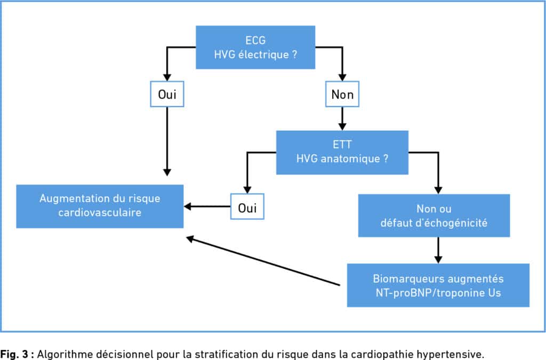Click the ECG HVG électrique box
(x=255, y=47)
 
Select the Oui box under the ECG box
(x=167, y=94)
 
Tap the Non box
(x=342, y=94)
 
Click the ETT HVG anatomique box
(x=342, y=152)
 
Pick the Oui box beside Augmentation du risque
(x=247, y=206)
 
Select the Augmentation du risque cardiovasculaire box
(x=100, y=206)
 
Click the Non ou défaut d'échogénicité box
(x=434, y=215)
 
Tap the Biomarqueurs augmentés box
(x=438, y=285)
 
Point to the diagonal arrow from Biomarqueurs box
(x=263, y=261)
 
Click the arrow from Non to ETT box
(x=342, y=119)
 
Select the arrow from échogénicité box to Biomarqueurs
(x=438, y=250)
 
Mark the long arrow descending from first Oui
(x=167, y=141)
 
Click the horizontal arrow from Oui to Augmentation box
(x=207, y=206)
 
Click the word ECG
(x=255, y=41)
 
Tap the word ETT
(x=342, y=145)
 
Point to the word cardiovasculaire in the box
(x=100, y=212)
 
